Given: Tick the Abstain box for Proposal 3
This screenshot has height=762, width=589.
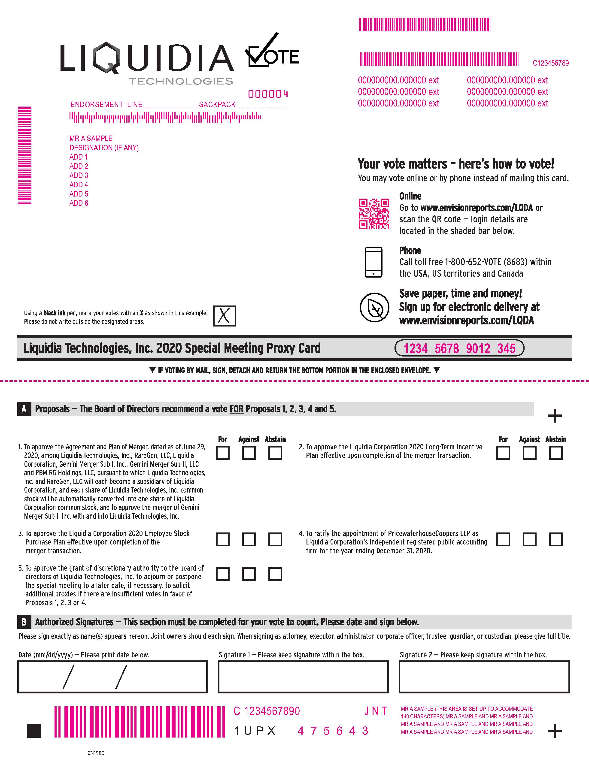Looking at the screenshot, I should (275, 539).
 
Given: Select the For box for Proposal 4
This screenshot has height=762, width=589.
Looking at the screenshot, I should (503, 539).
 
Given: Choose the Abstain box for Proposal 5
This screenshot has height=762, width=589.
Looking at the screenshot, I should (275, 574).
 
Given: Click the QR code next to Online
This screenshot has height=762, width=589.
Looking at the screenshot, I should (374, 214).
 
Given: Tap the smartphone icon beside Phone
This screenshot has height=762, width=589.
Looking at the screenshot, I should (373, 262).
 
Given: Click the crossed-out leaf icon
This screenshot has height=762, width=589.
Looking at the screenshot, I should (374, 307).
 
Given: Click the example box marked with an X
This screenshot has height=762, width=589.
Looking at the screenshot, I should (224, 316).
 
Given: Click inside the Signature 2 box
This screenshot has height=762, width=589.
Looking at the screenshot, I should (484, 677).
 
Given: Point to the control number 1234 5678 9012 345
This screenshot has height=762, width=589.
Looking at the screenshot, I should (459, 348).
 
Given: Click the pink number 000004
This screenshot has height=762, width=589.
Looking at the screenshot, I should (268, 94).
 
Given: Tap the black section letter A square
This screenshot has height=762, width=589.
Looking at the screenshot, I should (24, 409).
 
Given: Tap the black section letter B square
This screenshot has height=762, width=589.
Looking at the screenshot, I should (24, 622).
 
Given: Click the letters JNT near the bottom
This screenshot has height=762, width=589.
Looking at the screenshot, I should (375, 711).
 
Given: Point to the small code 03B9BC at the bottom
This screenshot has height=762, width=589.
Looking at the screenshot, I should (96, 753).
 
